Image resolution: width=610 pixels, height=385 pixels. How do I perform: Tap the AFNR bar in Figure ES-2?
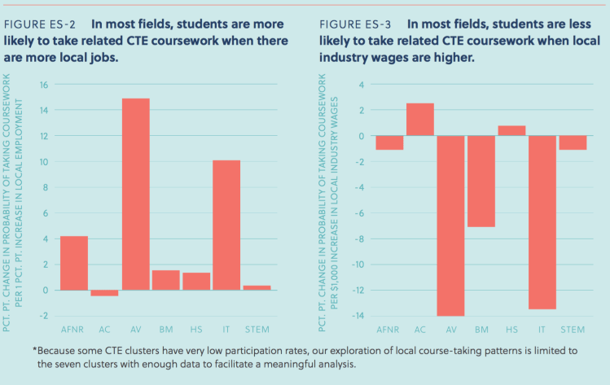pos(74,263)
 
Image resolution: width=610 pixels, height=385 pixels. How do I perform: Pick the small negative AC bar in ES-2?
pos(105,293)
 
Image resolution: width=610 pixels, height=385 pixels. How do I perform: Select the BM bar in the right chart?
pos(481,181)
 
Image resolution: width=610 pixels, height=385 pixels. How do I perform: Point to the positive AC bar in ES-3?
pos(420,120)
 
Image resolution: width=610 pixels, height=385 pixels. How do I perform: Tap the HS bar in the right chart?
pos(511,131)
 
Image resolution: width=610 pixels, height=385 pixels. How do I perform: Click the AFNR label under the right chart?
pos(389,328)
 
